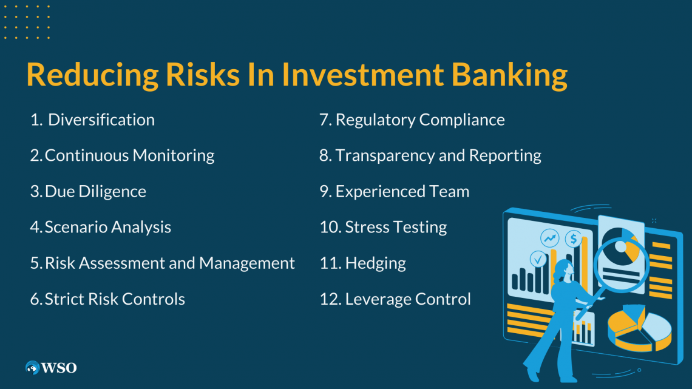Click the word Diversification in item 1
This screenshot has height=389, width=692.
(x=101, y=120)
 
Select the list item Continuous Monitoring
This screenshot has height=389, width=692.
(x=129, y=155)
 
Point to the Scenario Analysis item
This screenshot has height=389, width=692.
(x=108, y=227)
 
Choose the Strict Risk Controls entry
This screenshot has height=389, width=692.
(x=115, y=299)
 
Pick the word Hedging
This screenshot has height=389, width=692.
(x=375, y=263)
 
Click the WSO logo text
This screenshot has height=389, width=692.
(x=59, y=368)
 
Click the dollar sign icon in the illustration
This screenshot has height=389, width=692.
(x=572, y=238)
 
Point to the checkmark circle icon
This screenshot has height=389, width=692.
(x=538, y=259)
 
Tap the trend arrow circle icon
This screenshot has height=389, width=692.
(x=551, y=238)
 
